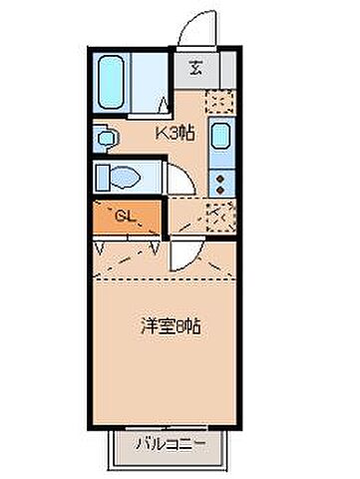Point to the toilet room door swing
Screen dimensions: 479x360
[180, 179]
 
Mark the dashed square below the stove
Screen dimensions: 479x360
[220, 214]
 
